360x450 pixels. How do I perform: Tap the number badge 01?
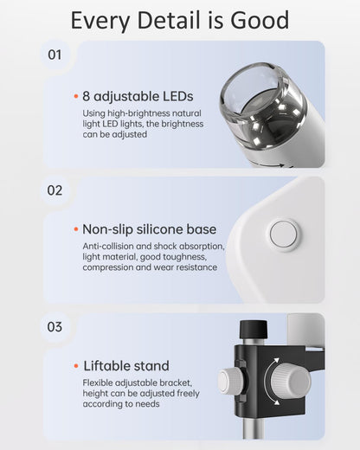(x=55, y=55)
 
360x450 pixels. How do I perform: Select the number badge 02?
(x=55, y=190)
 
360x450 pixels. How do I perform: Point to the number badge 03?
(x=55, y=327)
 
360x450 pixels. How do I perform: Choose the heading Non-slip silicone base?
(x=149, y=229)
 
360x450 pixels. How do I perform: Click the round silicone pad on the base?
(x=283, y=235)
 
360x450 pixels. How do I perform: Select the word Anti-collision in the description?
(x=110, y=247)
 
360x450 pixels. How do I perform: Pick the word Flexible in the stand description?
(x=100, y=382)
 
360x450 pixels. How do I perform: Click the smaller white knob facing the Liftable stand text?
(x=230, y=381)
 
